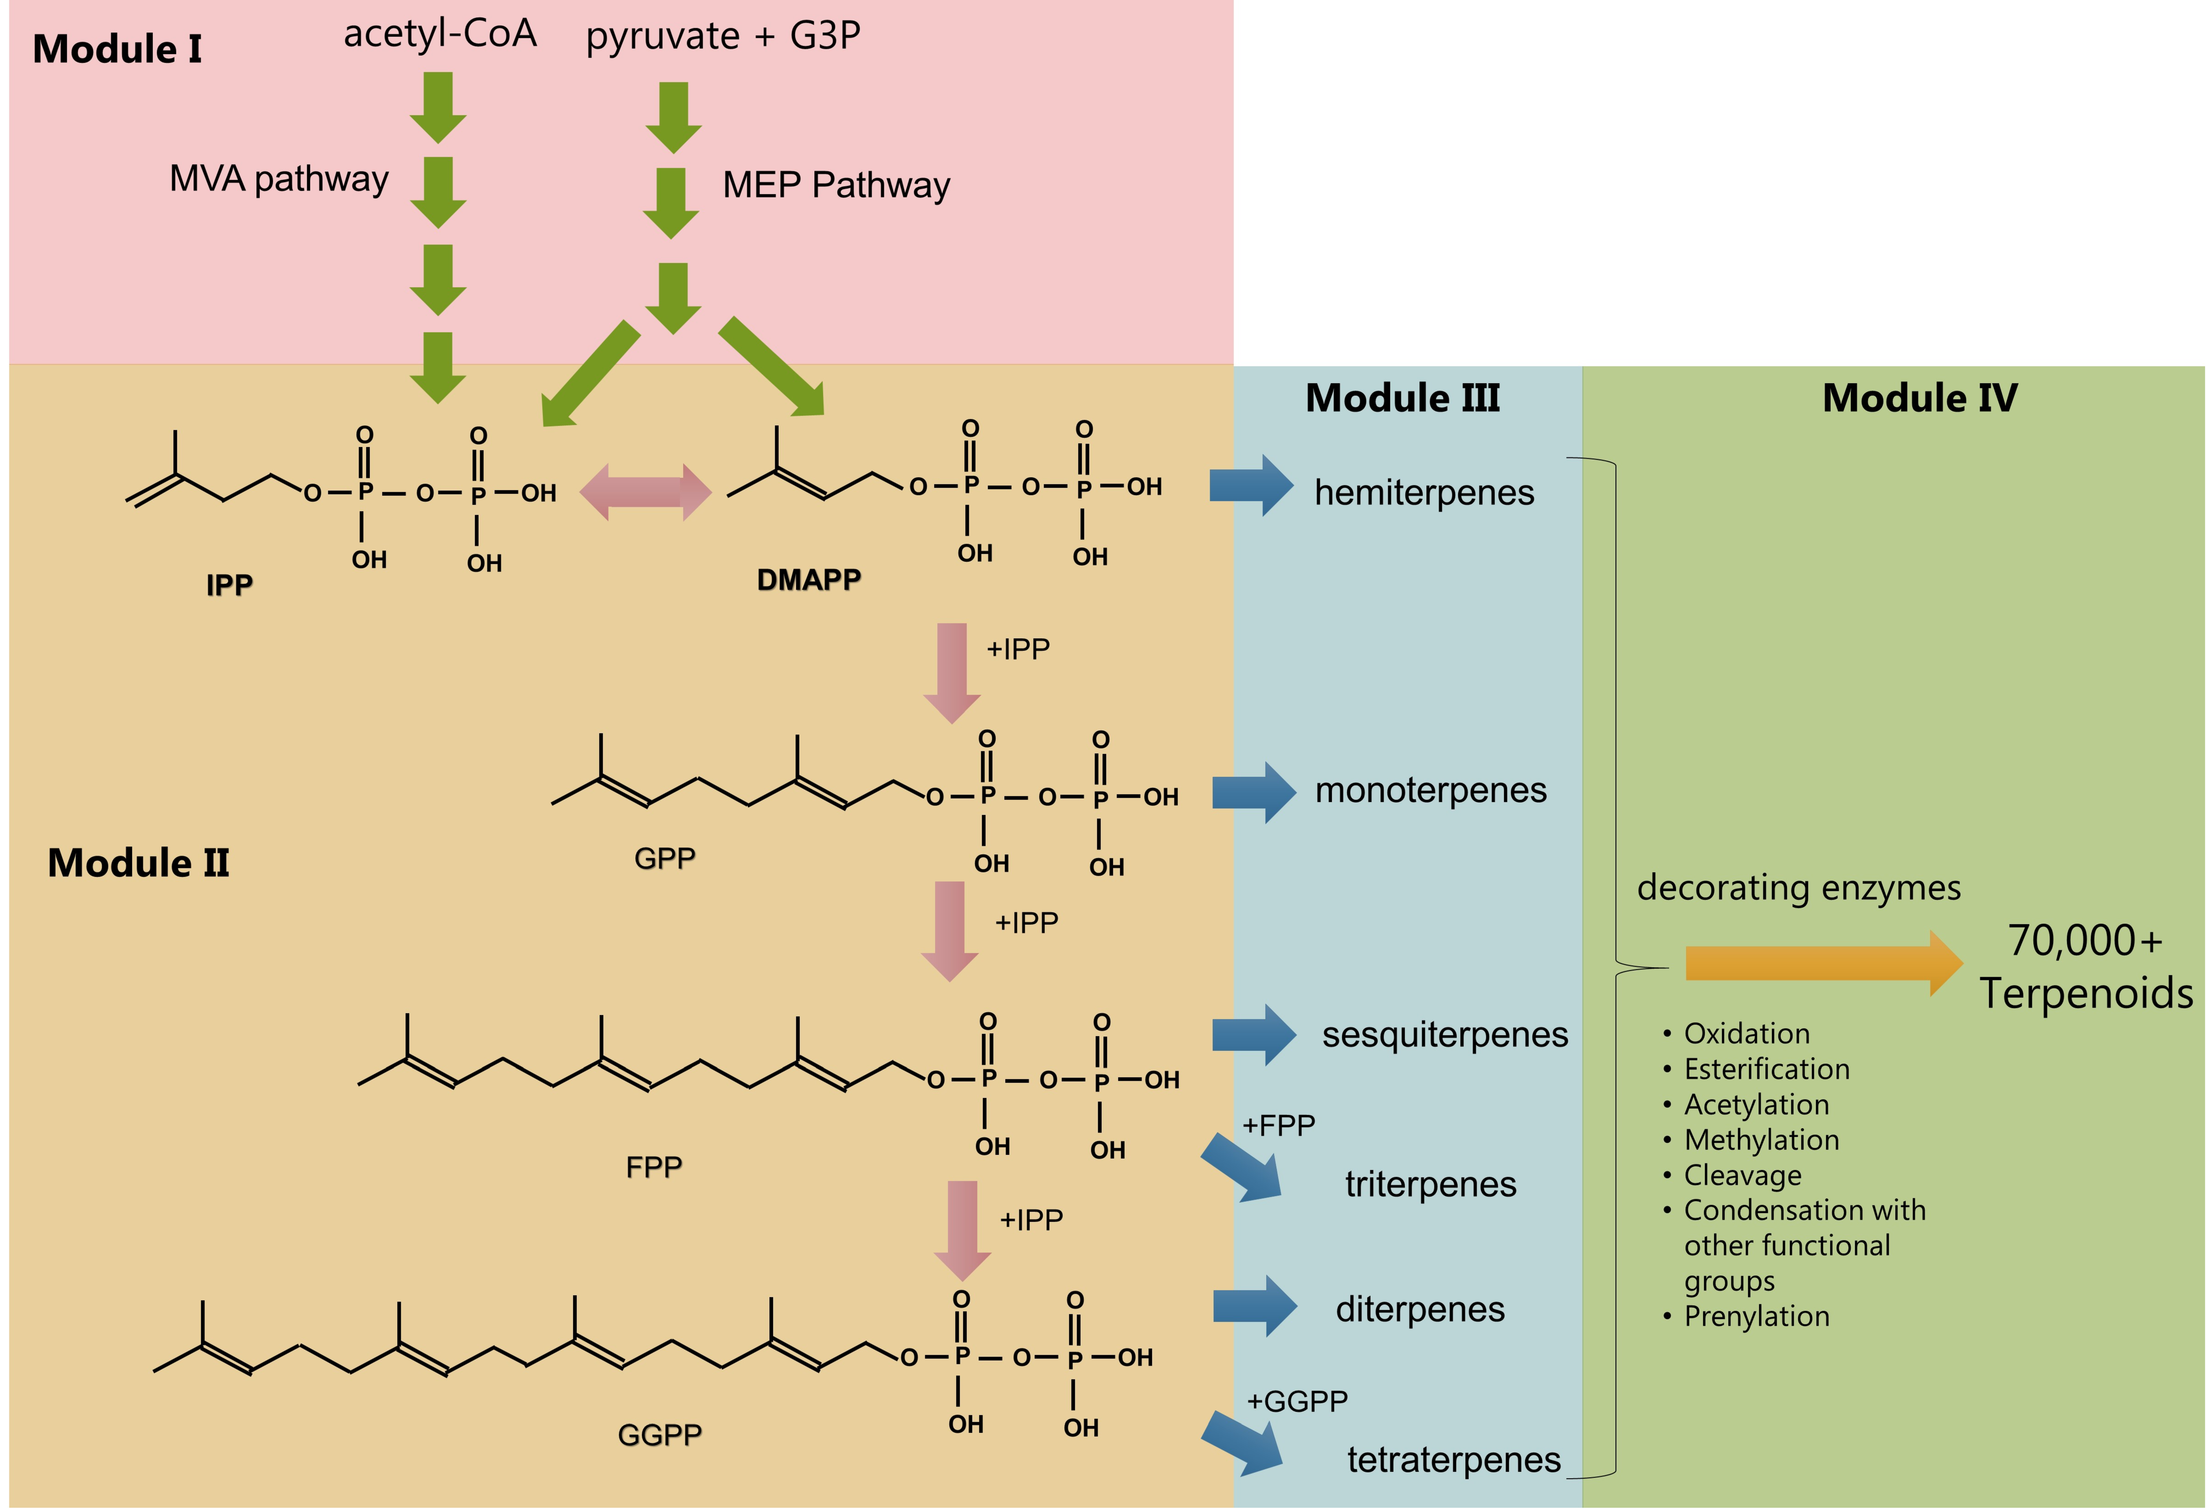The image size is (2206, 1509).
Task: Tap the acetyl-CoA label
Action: coord(440,34)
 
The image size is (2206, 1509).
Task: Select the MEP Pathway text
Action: coord(835,185)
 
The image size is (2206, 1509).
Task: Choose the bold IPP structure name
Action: coord(229,584)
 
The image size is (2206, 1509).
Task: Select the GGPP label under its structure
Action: coord(660,1434)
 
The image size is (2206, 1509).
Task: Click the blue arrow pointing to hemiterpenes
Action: coord(1250,485)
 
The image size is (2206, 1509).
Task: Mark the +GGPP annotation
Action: coord(1297,1401)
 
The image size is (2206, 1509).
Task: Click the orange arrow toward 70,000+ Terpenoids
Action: coord(1822,963)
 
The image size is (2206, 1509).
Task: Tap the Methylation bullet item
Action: coord(1761,1140)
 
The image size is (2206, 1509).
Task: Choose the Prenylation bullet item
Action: coord(1756,1316)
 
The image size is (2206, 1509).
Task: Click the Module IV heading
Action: coord(1919,398)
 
